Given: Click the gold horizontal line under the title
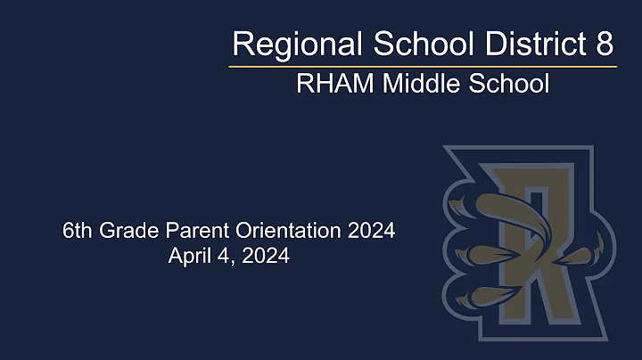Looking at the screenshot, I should pyautogui.click(x=423, y=66).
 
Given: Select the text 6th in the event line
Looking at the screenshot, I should pyautogui.click(x=77, y=232).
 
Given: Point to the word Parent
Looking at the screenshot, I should pyautogui.click(x=194, y=232).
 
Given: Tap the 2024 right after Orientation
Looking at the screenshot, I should pyautogui.click(x=372, y=232).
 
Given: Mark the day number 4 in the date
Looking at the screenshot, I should pyautogui.click(x=219, y=257).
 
